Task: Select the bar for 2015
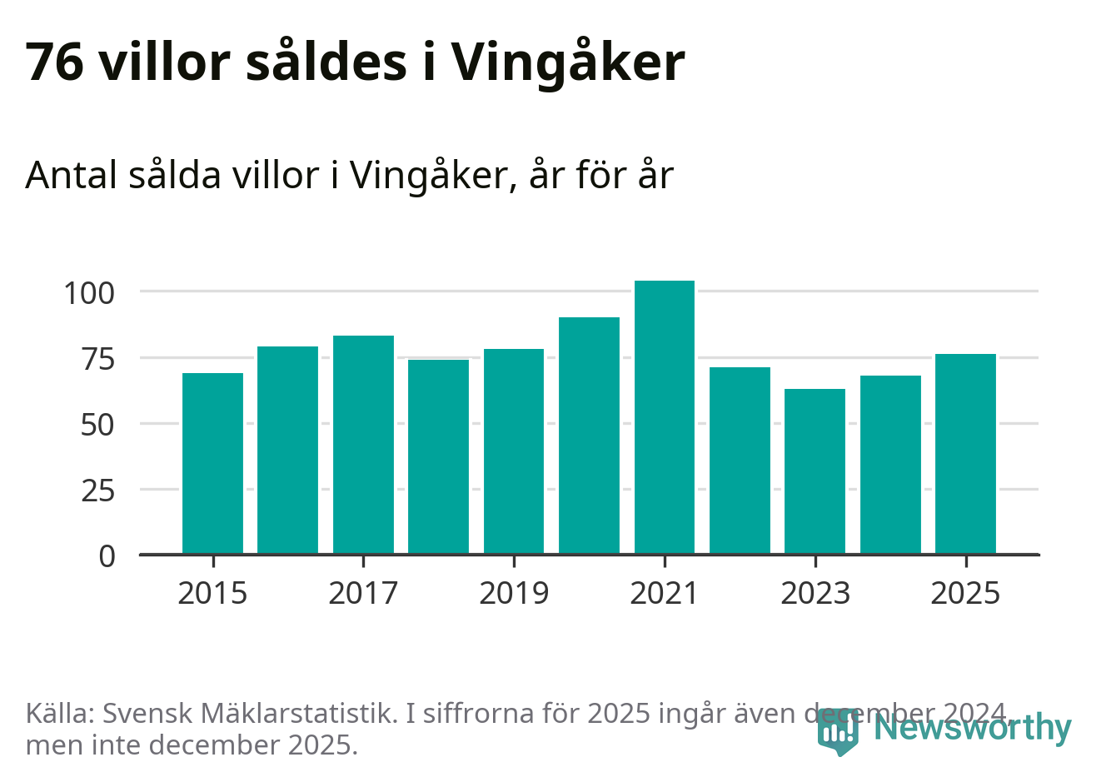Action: pyautogui.click(x=212, y=463)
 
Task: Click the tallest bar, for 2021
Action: pyautogui.click(x=664, y=417)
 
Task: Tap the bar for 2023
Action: pyautogui.click(x=815, y=471)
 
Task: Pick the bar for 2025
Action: pyautogui.click(x=965, y=454)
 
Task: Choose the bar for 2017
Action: pyautogui.click(x=363, y=445)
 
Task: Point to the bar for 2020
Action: pyautogui.click(x=589, y=436)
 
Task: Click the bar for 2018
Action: pyautogui.click(x=438, y=456)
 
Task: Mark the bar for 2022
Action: pyautogui.click(x=740, y=461)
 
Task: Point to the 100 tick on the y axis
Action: pyautogui.click(x=89, y=293)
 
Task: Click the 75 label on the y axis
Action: pyautogui.click(x=97, y=359)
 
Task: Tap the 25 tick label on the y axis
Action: pyautogui.click(x=97, y=491)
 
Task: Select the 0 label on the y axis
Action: pyautogui.click(x=107, y=556)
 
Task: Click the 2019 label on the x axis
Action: pyautogui.click(x=514, y=593)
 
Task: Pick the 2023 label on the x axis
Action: pyautogui.click(x=815, y=593)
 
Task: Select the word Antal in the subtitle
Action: pyautogui.click(x=72, y=175)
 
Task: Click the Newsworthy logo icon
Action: pyautogui.click(x=836, y=732)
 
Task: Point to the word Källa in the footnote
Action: pyautogui.click(x=60, y=714)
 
